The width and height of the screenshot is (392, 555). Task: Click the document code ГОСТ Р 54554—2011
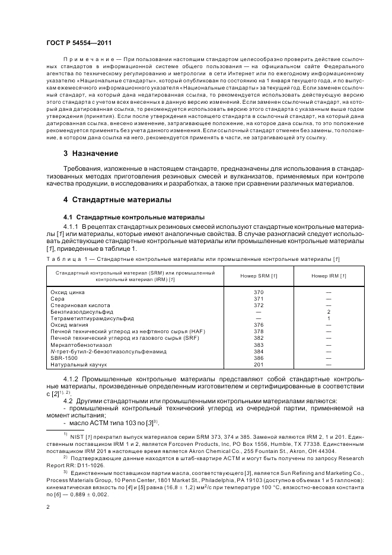[79, 43]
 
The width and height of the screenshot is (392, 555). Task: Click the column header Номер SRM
[258, 276]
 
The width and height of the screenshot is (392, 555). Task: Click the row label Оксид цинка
[69, 292]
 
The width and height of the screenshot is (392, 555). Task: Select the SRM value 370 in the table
[258, 292]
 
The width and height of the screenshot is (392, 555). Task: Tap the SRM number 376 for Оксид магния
[258, 324]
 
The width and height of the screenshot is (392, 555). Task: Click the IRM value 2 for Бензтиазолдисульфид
[328, 311]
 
